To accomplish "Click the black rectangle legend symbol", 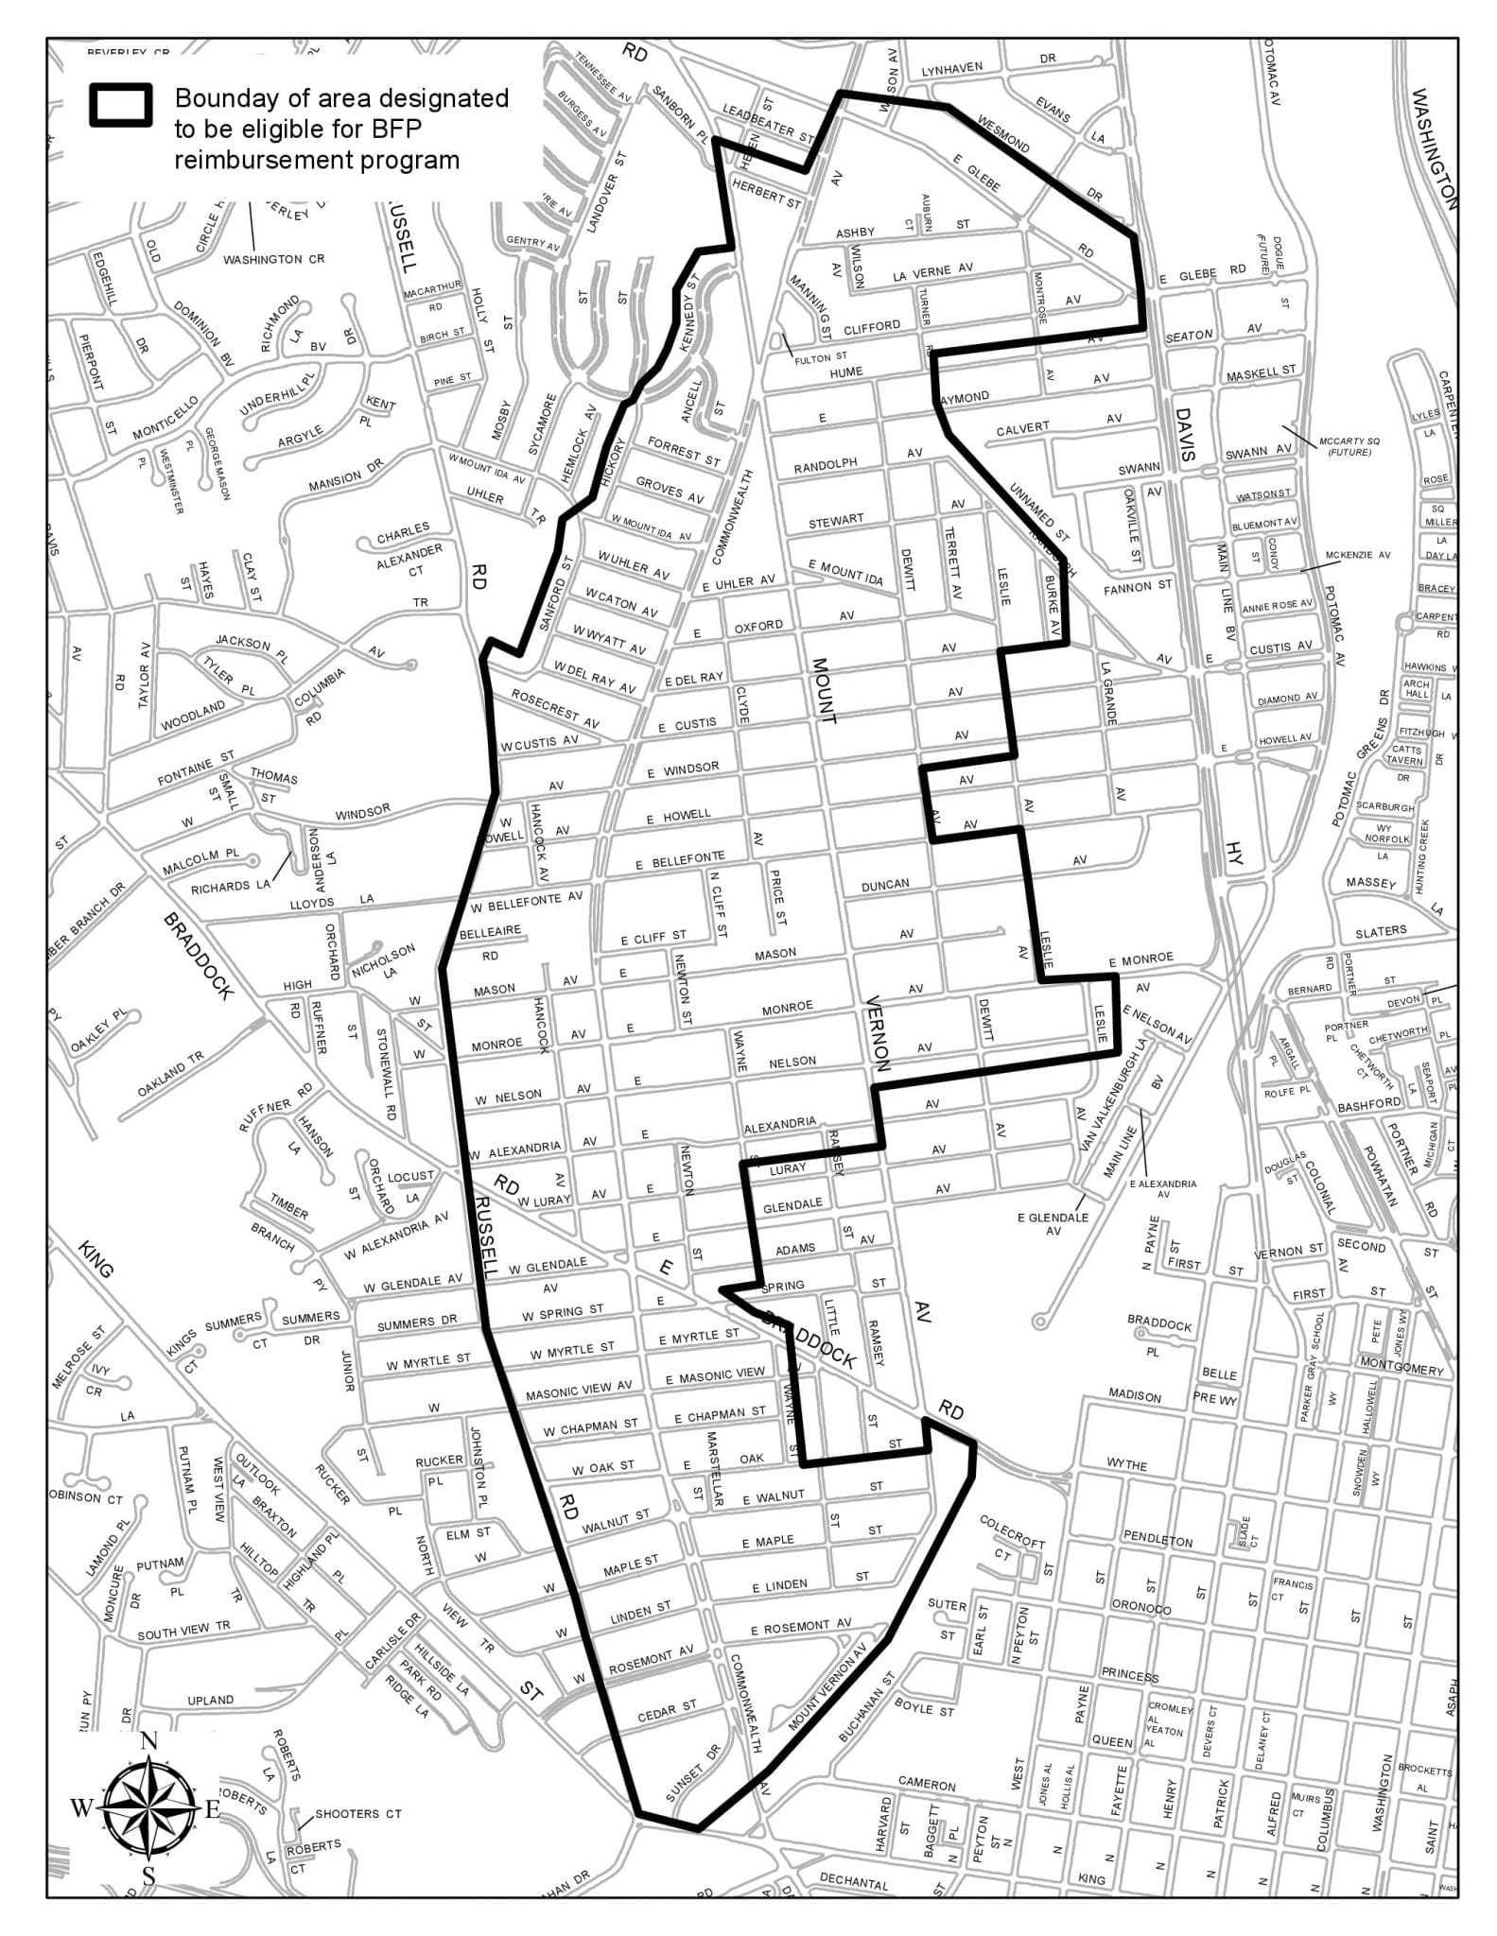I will click(x=120, y=105).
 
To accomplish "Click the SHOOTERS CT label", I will click(x=358, y=1813).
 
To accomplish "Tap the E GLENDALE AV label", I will click(x=1053, y=1224).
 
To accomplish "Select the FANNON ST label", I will click(x=1137, y=587).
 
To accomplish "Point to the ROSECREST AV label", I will click(x=555, y=708).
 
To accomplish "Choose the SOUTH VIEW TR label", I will click(x=183, y=1631).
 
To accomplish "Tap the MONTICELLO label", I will click(x=165, y=417).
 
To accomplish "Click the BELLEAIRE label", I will click(x=490, y=931).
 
